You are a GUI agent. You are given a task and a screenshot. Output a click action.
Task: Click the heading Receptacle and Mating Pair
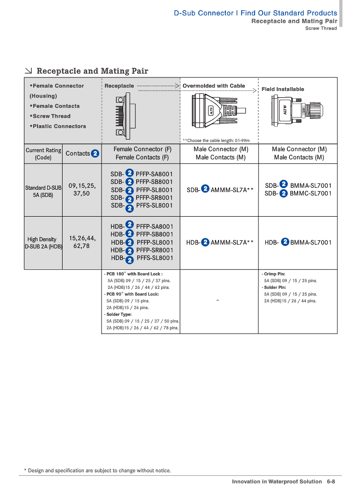pyautogui.click(x=92, y=71)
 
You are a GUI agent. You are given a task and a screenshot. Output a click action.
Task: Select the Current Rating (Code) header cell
pyautogui.click(x=43, y=154)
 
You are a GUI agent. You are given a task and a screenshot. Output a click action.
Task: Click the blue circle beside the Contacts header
pyautogui.click(x=95, y=154)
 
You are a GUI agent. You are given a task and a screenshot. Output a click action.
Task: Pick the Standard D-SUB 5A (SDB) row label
pyautogui.click(x=43, y=191)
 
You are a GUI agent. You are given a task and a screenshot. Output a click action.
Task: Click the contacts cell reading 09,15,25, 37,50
pyautogui.click(x=82, y=189)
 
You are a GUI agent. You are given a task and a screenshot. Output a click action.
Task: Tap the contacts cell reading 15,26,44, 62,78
pyautogui.click(x=82, y=242)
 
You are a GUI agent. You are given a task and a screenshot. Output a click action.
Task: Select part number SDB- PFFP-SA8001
pyautogui.click(x=141, y=174)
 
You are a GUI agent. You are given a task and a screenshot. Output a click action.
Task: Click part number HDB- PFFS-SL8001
pyautogui.click(x=141, y=258)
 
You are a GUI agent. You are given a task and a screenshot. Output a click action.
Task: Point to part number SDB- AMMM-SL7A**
pyautogui.click(x=220, y=190)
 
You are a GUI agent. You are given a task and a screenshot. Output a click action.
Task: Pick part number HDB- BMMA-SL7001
pyautogui.click(x=298, y=242)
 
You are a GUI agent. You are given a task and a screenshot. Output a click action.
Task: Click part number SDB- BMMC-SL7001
pyautogui.click(x=298, y=194)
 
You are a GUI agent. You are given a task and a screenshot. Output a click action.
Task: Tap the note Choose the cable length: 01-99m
pyautogui.click(x=216, y=140)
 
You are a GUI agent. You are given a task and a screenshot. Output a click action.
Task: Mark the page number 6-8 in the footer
pyautogui.click(x=331, y=481)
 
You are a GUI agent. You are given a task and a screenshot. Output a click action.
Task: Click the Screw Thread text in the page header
pyautogui.click(x=321, y=28)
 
